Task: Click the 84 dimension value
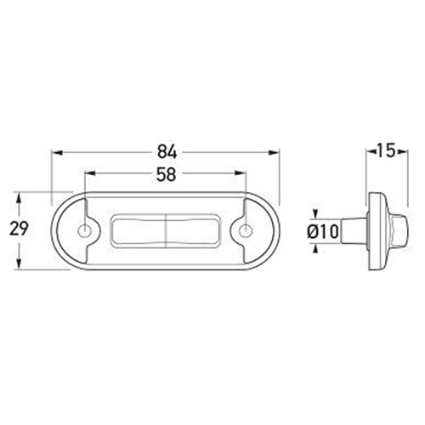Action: [x=167, y=153]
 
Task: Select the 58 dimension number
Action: [x=167, y=174]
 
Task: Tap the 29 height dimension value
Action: [x=19, y=229]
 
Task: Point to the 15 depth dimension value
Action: [x=386, y=150]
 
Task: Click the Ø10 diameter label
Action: [x=323, y=231]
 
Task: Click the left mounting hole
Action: [x=84, y=231]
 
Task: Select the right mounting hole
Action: [x=246, y=231]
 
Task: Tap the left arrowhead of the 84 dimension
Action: [x=57, y=153]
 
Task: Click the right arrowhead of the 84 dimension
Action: [x=274, y=153]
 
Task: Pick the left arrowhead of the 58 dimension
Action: [x=90, y=173]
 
